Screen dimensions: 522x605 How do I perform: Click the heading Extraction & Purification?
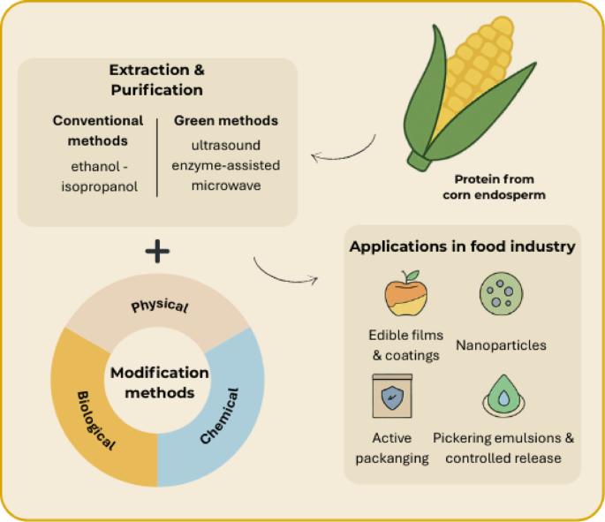[x=155, y=79]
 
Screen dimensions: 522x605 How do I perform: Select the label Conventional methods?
[x=97, y=130]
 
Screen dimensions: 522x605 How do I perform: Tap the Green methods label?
[x=225, y=120]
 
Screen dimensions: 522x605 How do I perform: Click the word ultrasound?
[x=225, y=143]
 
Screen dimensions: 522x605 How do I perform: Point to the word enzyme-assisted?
[x=225, y=164]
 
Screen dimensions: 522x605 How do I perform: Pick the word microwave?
[x=225, y=185]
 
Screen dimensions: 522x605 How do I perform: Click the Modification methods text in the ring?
[x=159, y=382]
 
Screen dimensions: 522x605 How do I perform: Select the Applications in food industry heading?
[x=462, y=246]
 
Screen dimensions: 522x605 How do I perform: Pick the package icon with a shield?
[x=391, y=397]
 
